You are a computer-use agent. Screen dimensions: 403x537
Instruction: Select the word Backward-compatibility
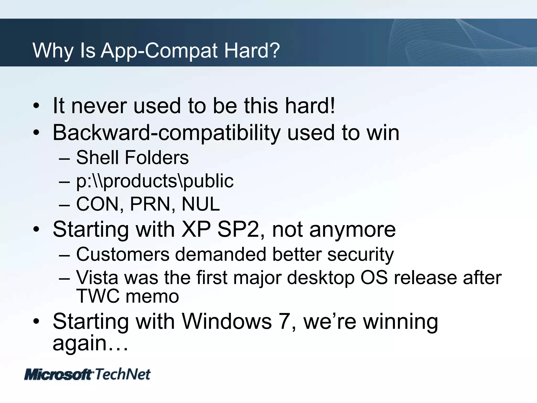click(167, 133)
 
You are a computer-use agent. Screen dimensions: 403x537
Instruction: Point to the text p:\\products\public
click(155, 181)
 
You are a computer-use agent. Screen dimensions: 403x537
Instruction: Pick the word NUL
click(201, 204)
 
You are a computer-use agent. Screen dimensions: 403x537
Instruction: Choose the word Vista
click(97, 278)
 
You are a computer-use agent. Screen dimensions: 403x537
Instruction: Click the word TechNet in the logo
click(123, 374)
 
